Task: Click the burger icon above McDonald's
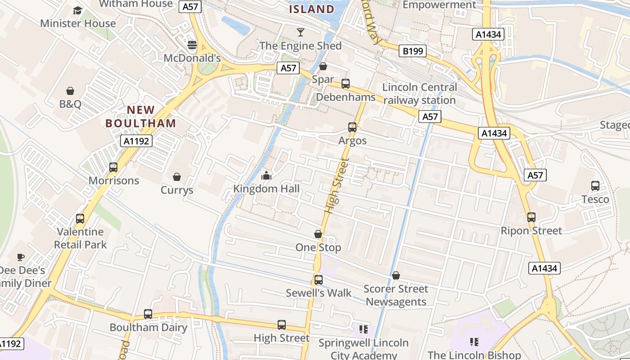tap(192, 45)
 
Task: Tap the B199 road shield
tap(413, 51)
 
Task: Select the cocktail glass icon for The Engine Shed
tap(301, 32)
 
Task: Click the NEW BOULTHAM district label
tap(140, 116)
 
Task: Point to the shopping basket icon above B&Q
tap(70, 91)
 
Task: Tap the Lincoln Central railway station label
tap(419, 94)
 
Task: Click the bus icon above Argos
tap(352, 127)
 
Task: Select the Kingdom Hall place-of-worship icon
tap(266, 175)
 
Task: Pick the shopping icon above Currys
tap(177, 177)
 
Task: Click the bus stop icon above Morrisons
tap(113, 167)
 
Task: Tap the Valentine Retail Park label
tap(81, 238)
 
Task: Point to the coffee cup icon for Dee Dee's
tap(21, 257)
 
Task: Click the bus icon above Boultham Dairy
tap(148, 314)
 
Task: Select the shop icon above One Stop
tap(318, 234)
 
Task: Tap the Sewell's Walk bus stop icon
tap(319, 280)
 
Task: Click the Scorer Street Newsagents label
tap(396, 295)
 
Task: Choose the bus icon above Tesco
tap(595, 186)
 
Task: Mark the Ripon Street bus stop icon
tap(531, 217)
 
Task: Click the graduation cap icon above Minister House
tap(78, 10)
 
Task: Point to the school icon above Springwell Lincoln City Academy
tap(364, 329)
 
